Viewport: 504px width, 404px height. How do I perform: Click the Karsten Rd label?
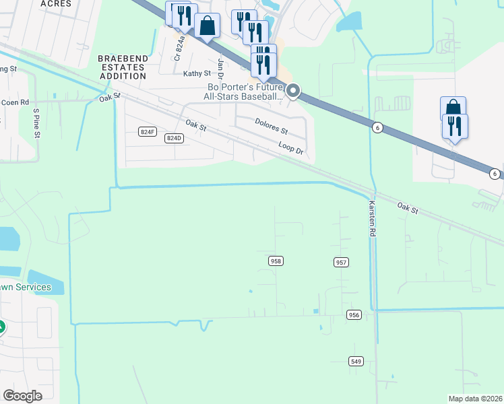[x=371, y=217]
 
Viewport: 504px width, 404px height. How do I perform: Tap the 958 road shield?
[x=276, y=261]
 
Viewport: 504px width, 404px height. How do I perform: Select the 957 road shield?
[x=341, y=261]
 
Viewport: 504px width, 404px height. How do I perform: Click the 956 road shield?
[x=354, y=314]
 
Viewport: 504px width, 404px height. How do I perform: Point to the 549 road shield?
[x=356, y=361]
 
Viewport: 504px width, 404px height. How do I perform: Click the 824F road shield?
[x=148, y=132]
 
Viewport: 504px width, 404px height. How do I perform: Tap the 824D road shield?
[x=174, y=137]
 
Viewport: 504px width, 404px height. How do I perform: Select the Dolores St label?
[x=271, y=125]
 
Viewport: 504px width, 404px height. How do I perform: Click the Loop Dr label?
[x=291, y=148]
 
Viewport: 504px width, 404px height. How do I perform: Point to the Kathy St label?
[x=197, y=73]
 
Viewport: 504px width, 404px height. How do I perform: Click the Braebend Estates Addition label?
[x=122, y=67]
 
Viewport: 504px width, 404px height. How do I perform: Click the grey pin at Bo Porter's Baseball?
[x=293, y=90]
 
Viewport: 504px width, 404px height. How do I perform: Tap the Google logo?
[x=23, y=395]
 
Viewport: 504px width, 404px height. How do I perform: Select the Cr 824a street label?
[x=179, y=48]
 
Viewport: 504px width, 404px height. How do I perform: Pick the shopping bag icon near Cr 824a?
[x=208, y=26]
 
